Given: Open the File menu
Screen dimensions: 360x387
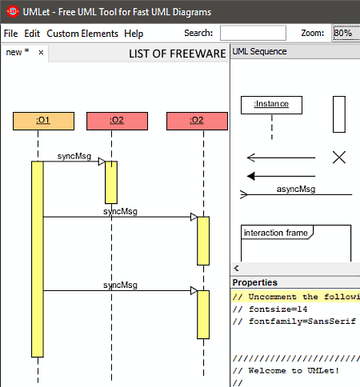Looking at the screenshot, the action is click(10, 34).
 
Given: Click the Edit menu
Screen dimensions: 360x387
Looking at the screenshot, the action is click(32, 34).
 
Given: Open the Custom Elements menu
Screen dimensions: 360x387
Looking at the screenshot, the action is click(82, 34).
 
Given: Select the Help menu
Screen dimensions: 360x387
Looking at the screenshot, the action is click(134, 34).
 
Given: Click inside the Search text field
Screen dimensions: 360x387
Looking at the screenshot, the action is click(253, 33).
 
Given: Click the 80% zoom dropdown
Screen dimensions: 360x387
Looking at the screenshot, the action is click(346, 33).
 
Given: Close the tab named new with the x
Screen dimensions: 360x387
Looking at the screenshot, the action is click(41, 53).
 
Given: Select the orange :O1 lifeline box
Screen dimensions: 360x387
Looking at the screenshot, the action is click(43, 121).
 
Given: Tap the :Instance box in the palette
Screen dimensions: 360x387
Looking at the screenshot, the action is click(271, 105).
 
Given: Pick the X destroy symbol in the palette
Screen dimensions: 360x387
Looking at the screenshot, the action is click(339, 158).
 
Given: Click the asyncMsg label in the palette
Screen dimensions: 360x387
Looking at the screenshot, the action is click(296, 189).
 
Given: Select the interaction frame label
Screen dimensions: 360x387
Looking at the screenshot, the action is click(276, 233).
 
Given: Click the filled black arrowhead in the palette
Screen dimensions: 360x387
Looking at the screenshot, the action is click(251, 176).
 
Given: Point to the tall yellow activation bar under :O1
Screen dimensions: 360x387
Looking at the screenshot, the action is click(38, 259).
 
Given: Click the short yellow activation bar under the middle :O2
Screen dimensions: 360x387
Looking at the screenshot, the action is click(111, 182).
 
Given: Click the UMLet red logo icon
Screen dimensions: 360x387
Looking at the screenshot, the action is click(13, 12).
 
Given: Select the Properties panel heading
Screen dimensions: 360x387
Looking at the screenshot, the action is click(254, 282).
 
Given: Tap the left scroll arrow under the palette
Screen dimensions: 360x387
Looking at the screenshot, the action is click(236, 268).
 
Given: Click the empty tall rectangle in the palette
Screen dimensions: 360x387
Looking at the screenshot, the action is click(339, 114).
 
